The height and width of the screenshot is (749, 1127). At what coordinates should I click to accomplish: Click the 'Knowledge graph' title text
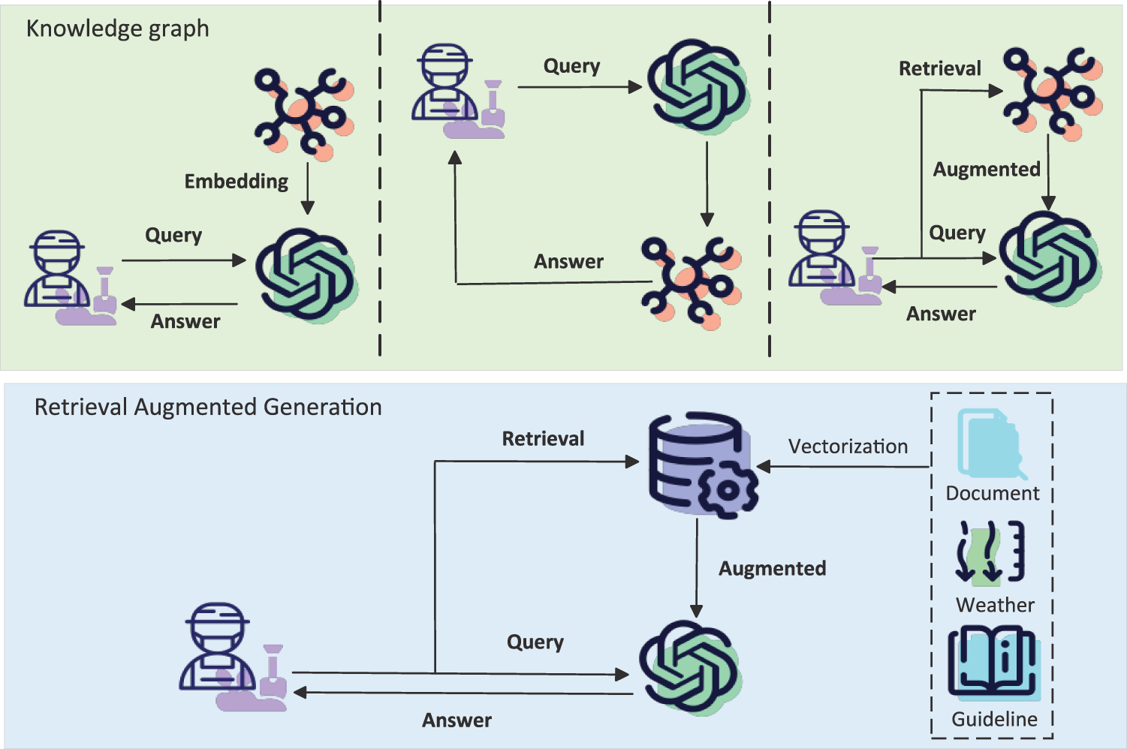coord(117,29)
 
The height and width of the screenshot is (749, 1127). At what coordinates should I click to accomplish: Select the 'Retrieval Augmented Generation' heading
coord(208,408)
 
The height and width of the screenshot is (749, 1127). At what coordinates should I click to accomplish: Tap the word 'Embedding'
coord(236,182)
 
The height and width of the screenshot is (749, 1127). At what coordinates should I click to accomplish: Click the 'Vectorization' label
coord(848,447)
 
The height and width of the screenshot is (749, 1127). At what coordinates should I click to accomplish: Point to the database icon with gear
coord(701,465)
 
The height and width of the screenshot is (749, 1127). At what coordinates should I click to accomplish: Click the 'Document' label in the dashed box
coord(992,493)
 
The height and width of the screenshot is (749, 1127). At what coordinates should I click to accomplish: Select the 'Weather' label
coord(995,605)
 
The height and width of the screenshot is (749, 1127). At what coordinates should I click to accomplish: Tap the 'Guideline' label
coord(994,719)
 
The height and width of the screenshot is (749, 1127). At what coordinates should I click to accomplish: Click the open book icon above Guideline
coord(993,663)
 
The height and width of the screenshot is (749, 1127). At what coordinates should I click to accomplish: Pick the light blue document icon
coord(990,444)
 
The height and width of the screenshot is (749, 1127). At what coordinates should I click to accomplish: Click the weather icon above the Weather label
coord(990,553)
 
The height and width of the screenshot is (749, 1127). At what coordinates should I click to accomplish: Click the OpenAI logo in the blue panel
coord(690,666)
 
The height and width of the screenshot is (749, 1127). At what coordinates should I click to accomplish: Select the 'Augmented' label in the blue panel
coord(772,569)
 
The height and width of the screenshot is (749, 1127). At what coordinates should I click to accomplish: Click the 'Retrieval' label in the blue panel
coord(543,439)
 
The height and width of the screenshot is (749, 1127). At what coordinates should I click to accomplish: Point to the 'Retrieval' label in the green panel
coord(939,69)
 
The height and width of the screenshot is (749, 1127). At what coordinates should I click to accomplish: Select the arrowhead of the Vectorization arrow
coord(764,467)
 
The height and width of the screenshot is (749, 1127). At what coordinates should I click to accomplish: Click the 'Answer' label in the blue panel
coord(457,720)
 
